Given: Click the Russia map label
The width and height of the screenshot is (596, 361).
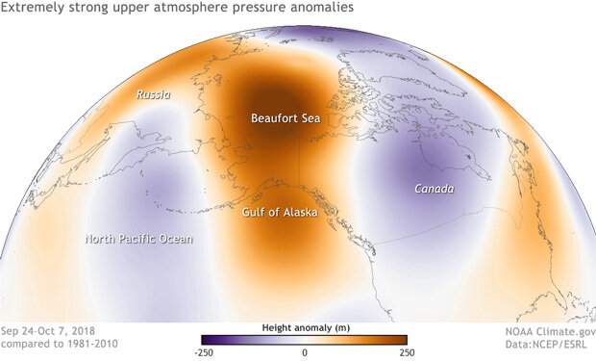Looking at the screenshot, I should [x=154, y=95].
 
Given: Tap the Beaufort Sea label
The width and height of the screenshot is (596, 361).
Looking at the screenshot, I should [x=285, y=119].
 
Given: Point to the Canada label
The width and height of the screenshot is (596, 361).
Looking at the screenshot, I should [x=434, y=189].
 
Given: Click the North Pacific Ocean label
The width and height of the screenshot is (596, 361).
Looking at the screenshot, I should [x=138, y=239].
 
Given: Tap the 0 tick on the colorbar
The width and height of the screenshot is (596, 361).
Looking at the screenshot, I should [x=304, y=353].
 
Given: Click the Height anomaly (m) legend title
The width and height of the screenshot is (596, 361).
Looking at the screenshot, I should [x=304, y=327].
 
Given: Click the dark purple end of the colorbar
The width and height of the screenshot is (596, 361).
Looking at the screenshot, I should [x=205, y=339].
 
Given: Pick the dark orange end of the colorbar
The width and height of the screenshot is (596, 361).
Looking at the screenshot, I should [x=404, y=339].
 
